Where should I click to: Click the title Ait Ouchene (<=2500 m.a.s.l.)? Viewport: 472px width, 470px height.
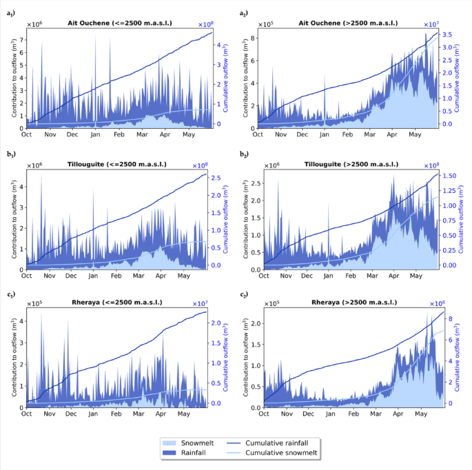pyautogui.click(x=120, y=23)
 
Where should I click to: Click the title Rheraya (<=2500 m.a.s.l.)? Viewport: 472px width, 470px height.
pyautogui.click(x=120, y=304)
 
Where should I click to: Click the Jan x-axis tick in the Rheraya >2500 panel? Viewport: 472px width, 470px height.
pyautogui.click(x=331, y=416)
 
